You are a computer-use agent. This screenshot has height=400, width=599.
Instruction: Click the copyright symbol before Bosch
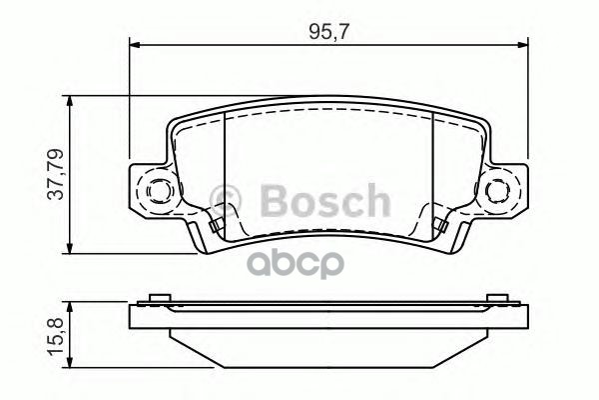coord(230,200)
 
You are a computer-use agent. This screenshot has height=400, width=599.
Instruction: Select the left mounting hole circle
coord(159,190)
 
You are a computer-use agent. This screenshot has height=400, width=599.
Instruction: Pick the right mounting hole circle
coord(498,190)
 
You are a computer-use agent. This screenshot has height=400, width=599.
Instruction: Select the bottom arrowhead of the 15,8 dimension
coord(69,366)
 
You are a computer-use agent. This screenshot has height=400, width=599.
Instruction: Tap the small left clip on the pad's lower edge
coord(214,224)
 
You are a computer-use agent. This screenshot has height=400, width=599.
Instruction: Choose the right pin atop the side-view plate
coord(497,298)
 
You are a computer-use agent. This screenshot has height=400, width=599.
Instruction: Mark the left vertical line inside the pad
coord(226,170)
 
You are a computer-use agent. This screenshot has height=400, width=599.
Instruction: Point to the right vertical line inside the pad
coord(431,170)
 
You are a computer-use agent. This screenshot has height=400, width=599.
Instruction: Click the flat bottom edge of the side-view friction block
coord(328,368)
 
